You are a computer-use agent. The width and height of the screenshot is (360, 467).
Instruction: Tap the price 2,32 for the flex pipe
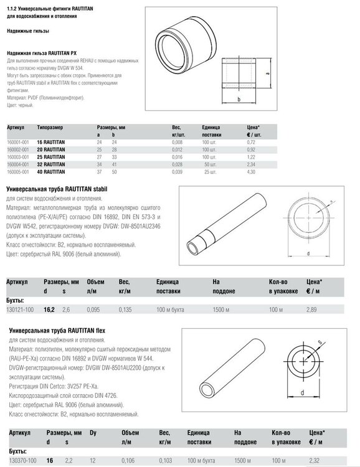(x=314, y=460)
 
